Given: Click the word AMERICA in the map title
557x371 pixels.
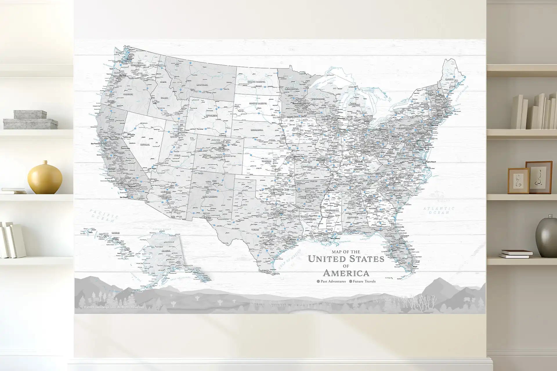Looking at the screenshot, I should click(346, 273).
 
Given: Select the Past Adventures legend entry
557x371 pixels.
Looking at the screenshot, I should click(331, 281).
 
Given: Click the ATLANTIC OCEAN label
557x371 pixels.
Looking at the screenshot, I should click(438, 210).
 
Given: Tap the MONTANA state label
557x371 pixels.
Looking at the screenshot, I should click(202, 85).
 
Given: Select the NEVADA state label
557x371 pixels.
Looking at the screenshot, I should click(145, 144).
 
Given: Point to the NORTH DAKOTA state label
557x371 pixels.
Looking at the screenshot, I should click(257, 82).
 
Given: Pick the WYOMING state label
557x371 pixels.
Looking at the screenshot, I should click(211, 115).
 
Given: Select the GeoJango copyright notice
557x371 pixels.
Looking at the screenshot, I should click(113, 307).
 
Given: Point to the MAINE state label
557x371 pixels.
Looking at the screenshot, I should click(449, 79).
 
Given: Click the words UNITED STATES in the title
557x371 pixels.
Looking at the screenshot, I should click(346, 259).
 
